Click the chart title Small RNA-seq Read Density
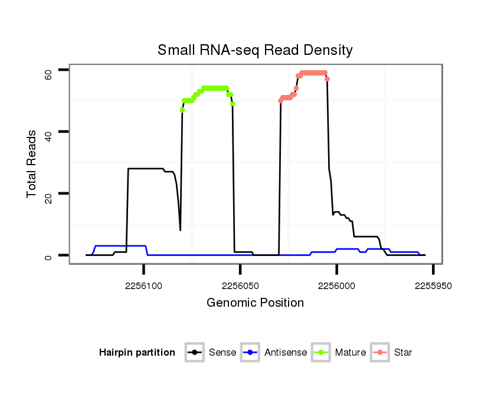(255, 50)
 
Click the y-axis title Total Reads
(32, 163)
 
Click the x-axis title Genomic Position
(255, 303)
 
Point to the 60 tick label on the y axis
(48, 73)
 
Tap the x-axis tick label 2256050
(240, 285)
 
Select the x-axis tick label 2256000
(336, 285)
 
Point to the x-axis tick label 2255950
(433, 285)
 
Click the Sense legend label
(222, 353)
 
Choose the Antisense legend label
(286, 353)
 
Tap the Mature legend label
(351, 353)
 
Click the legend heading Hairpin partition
(137, 353)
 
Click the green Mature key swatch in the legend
(323, 353)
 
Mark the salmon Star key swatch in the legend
(381, 353)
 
